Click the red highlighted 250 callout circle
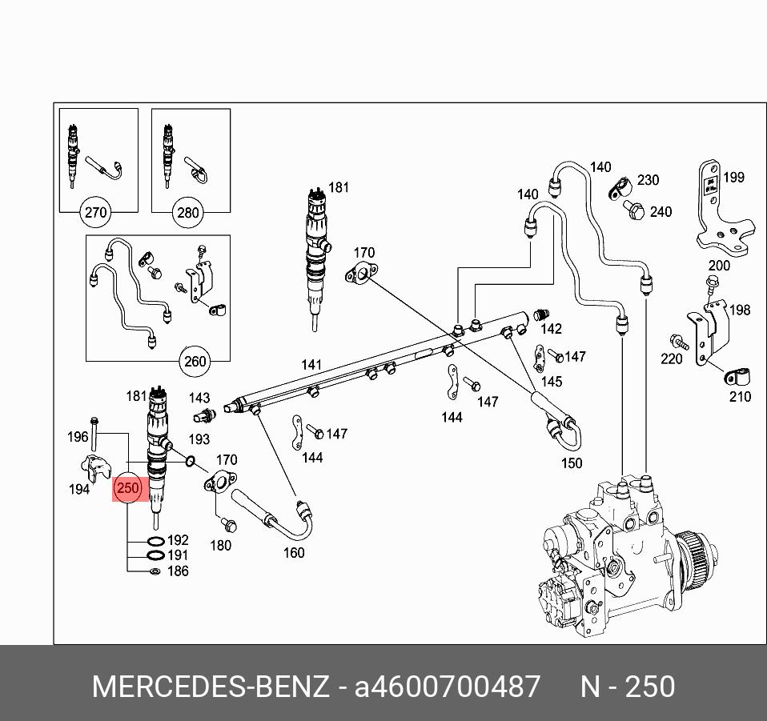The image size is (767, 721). (x=128, y=487)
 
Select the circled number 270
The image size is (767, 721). (x=95, y=213)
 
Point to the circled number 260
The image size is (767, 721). (x=195, y=362)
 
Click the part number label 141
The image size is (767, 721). (x=311, y=365)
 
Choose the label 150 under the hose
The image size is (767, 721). (x=572, y=463)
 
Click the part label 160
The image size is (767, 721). (x=294, y=552)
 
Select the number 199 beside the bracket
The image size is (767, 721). (x=733, y=178)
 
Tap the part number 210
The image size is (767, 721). (x=740, y=396)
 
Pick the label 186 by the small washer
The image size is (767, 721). (x=178, y=571)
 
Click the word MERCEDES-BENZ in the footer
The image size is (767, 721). (x=210, y=687)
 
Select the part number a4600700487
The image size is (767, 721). (x=448, y=687)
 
